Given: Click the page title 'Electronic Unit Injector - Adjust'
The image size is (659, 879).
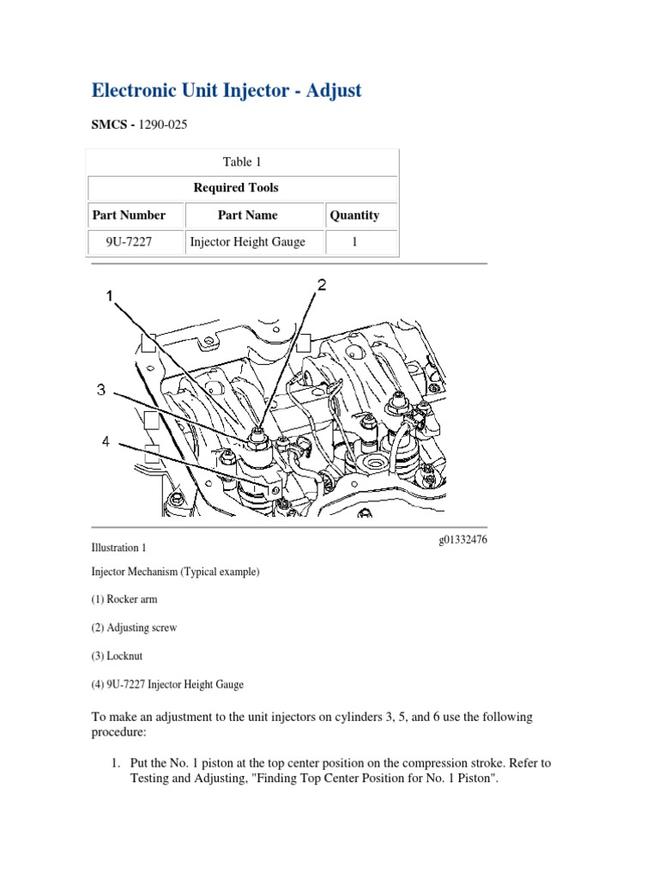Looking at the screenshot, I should click(x=227, y=90).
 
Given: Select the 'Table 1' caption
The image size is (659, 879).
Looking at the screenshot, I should click(x=237, y=161).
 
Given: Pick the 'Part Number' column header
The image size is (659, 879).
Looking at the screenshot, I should click(x=129, y=215).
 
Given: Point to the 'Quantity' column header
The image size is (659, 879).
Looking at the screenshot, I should click(x=354, y=215).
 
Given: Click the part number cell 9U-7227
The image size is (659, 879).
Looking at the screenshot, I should click(x=129, y=242).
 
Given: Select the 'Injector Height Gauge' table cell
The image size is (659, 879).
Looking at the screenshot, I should click(x=247, y=242).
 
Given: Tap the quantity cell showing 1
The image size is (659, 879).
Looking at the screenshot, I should click(x=354, y=242).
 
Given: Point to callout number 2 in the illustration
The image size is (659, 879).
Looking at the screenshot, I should click(x=322, y=286).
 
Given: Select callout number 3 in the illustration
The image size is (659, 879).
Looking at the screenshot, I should click(x=101, y=390).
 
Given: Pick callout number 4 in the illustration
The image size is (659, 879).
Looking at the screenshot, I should click(x=106, y=441).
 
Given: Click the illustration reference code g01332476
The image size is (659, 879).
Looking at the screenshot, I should click(x=463, y=539).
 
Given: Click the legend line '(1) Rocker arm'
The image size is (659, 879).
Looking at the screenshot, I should click(x=124, y=599).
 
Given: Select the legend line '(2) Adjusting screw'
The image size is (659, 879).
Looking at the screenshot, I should click(x=134, y=627).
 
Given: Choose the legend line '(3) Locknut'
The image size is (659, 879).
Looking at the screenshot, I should click(x=119, y=656).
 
